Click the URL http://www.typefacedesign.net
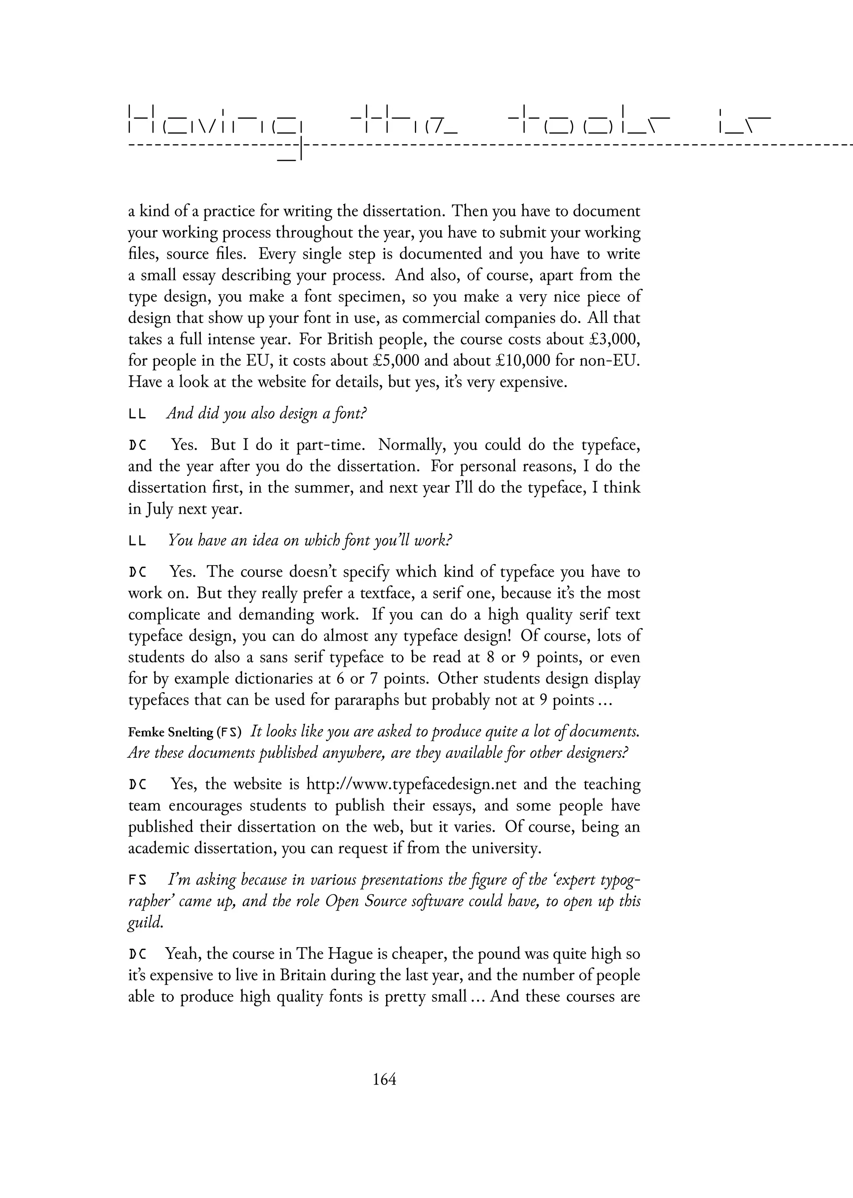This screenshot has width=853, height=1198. pos(411,785)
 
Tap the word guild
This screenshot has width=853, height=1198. pos(145,923)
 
